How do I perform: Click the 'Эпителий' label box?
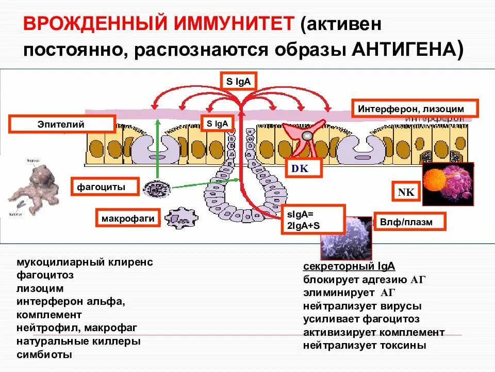pos(61,125)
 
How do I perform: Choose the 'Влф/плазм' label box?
pos(409,221)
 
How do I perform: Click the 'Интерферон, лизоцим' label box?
pos(415,109)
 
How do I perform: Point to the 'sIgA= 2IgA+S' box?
pos(313,219)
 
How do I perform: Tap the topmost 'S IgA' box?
pos(238,81)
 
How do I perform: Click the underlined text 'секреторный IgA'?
pos(349,267)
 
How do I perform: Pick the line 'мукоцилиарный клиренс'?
pos(85,262)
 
